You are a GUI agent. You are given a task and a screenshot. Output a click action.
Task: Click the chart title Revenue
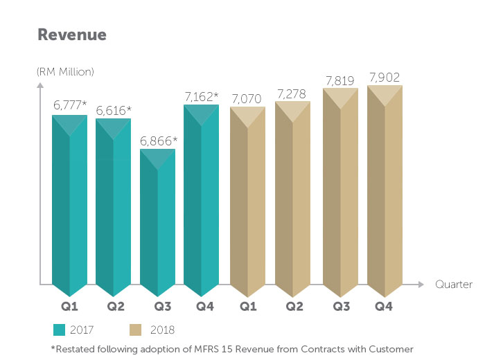[x=72, y=35]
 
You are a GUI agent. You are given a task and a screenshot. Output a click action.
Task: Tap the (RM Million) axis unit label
[x=64, y=71]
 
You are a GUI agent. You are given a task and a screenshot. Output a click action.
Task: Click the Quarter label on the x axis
[x=454, y=285]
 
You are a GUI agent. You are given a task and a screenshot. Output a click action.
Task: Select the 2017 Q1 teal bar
[x=69, y=208]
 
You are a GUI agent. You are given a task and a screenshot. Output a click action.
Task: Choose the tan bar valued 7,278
[x=292, y=201]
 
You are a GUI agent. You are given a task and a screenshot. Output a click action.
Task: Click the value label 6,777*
[x=70, y=106]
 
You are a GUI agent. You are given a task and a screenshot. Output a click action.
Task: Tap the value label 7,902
[x=385, y=76]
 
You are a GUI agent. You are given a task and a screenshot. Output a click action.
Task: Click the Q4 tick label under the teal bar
[x=202, y=306]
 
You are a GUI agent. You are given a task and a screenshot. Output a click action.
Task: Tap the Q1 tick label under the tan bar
[x=247, y=306]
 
